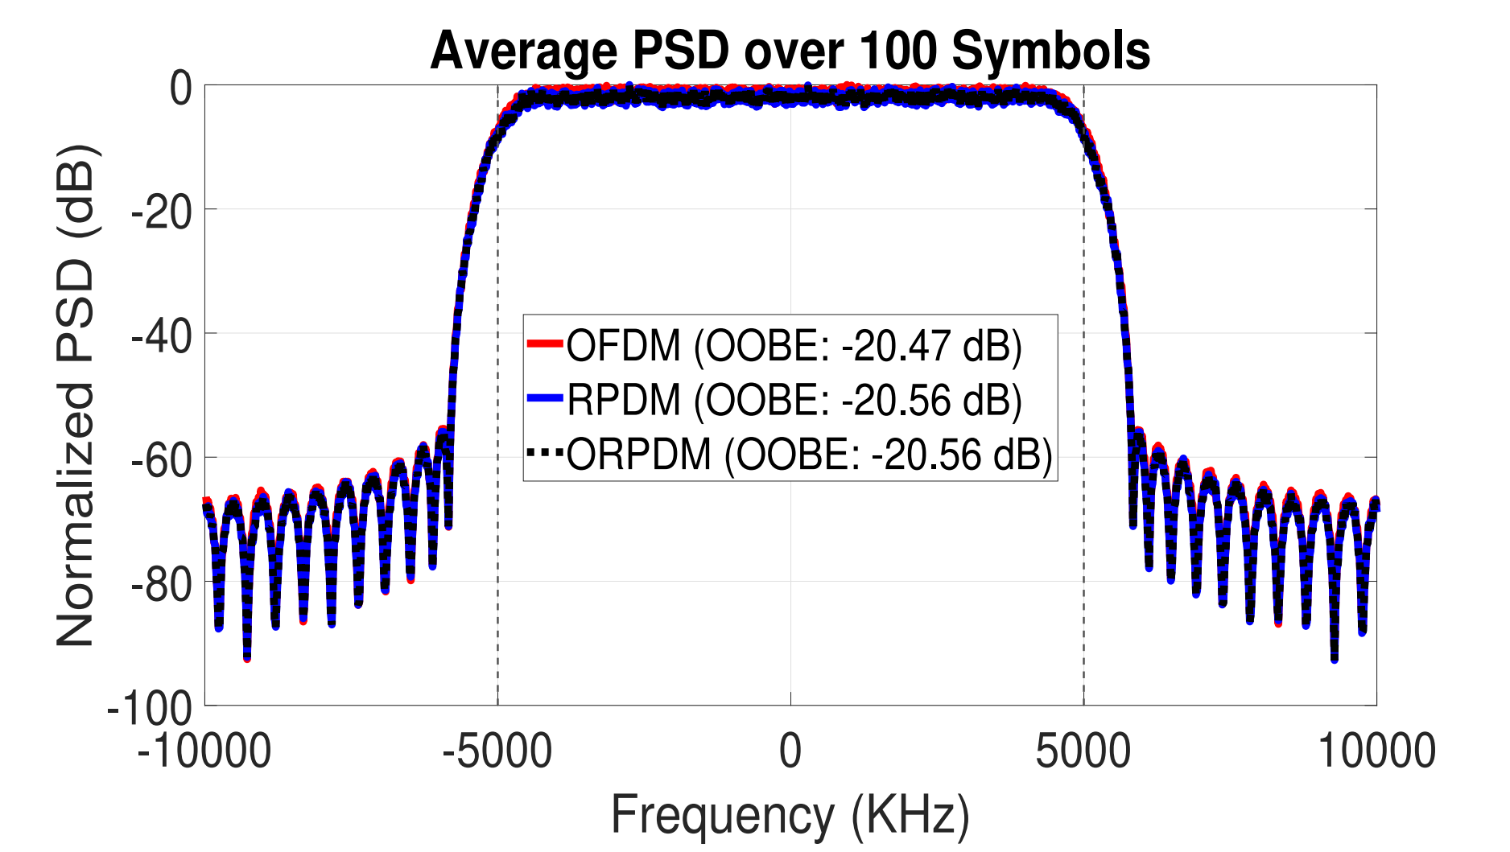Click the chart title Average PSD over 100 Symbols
click(x=790, y=51)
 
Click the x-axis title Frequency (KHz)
click(x=790, y=814)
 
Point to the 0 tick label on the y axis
click(x=181, y=88)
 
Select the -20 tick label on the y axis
click(x=162, y=212)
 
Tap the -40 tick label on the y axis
click(x=162, y=335)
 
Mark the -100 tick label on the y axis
click(x=151, y=708)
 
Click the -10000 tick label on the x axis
click(x=204, y=751)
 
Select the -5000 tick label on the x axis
click(x=497, y=751)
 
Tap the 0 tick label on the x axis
click(x=790, y=751)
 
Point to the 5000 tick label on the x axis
click(x=1083, y=751)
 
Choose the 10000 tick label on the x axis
click(x=1376, y=751)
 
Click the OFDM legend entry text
click(x=794, y=345)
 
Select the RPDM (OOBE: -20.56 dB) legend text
click(x=794, y=400)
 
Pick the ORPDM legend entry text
click(x=810, y=454)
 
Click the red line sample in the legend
click(x=545, y=344)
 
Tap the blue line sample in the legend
click(x=545, y=398)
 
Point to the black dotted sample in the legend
click(x=545, y=453)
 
